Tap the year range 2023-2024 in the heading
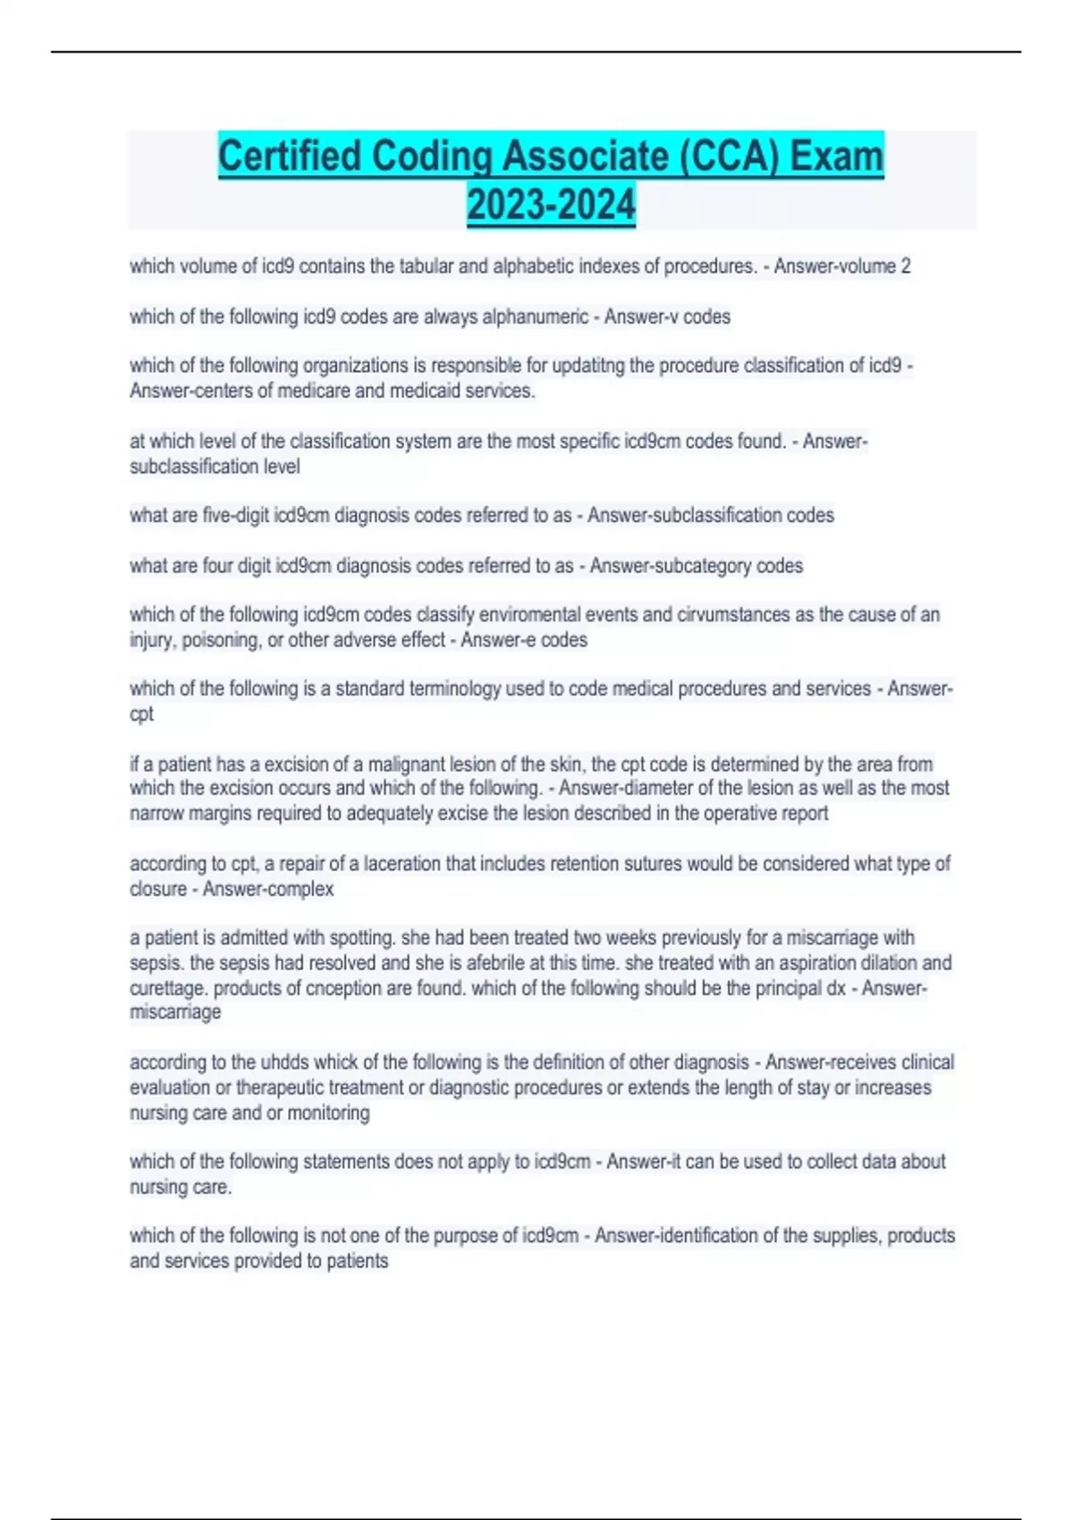551,205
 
